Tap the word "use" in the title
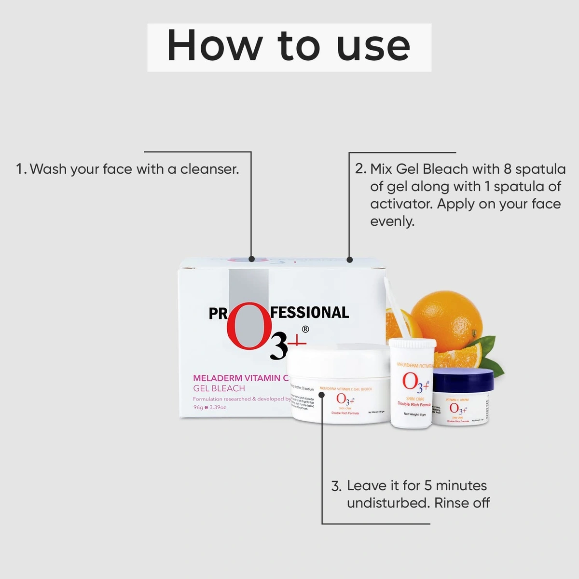click(x=373, y=47)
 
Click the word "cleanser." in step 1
click(x=209, y=169)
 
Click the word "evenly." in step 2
click(x=392, y=221)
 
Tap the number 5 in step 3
click(x=427, y=485)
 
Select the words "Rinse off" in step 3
click(x=462, y=503)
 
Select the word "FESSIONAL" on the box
click(x=310, y=313)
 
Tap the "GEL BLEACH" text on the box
click(x=219, y=388)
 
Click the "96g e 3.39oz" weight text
click(x=209, y=407)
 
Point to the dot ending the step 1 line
click(x=251, y=259)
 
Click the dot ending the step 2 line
click(x=349, y=260)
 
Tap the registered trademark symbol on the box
click(x=305, y=330)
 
